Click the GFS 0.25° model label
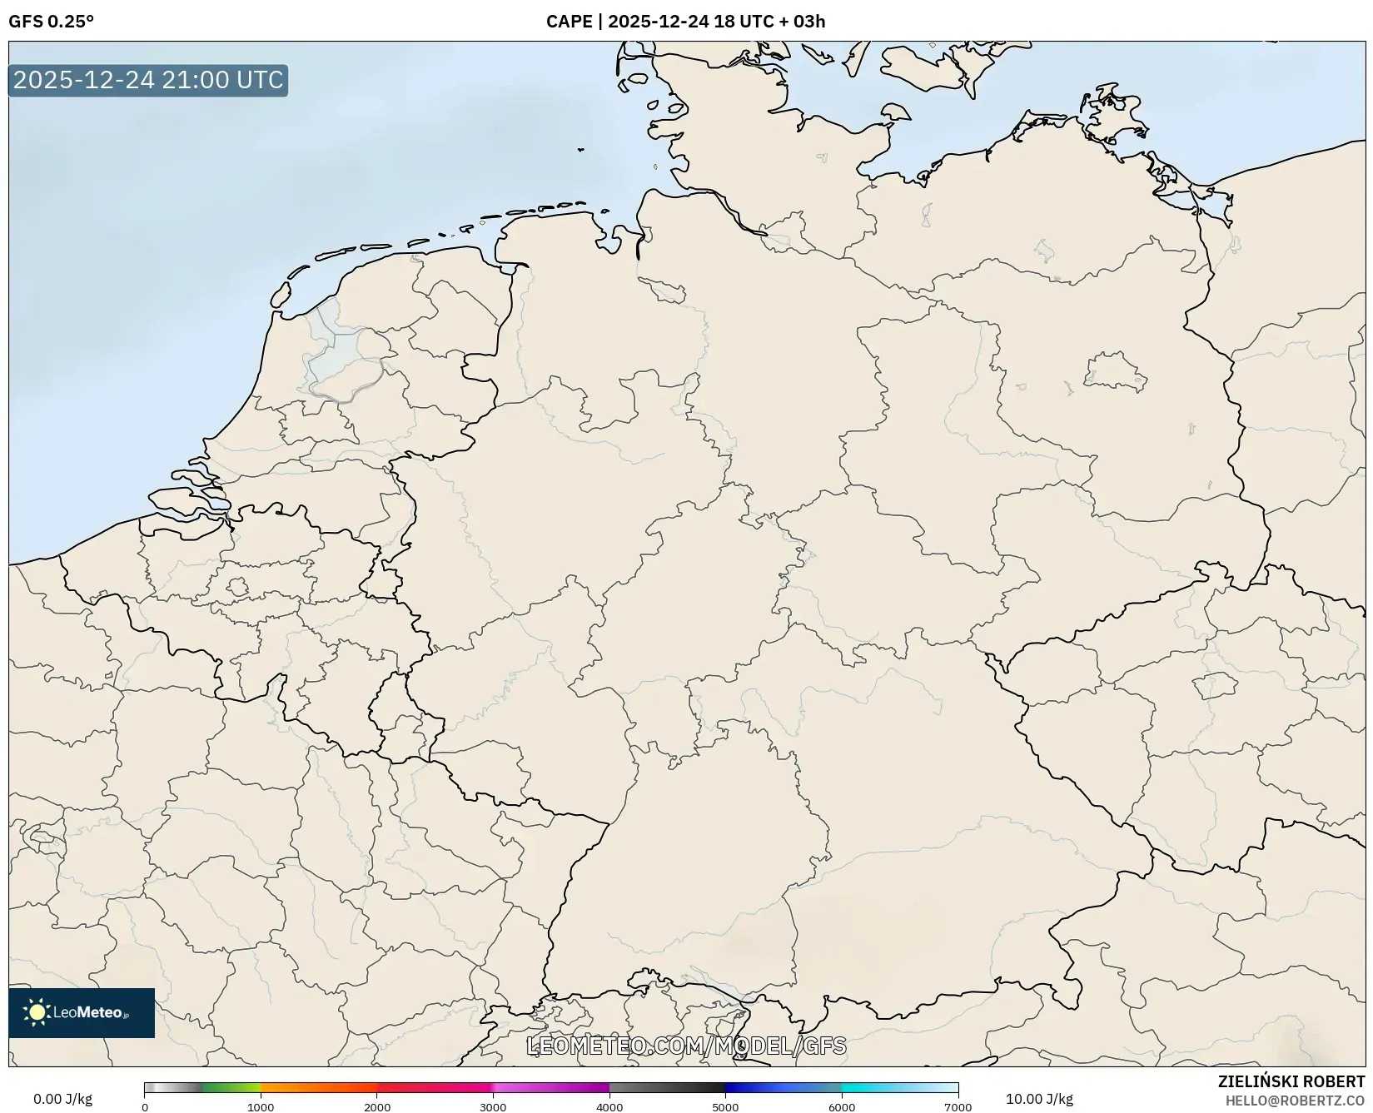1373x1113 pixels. [x=51, y=22]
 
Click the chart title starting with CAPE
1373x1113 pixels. [x=685, y=22]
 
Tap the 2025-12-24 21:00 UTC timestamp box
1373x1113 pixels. [x=148, y=80]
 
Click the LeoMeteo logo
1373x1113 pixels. [x=82, y=1012]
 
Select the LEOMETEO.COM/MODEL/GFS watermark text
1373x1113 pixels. [x=686, y=1046]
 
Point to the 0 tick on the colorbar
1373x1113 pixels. [x=145, y=1106]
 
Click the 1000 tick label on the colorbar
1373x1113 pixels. [x=261, y=1106]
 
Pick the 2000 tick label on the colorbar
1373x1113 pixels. [x=377, y=1106]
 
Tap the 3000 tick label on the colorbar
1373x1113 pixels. [x=493, y=1106]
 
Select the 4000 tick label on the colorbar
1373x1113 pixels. [x=609, y=1106]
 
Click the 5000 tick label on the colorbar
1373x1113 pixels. [x=725, y=1106]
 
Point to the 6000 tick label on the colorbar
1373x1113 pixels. [x=842, y=1106]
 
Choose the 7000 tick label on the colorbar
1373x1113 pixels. [x=958, y=1106]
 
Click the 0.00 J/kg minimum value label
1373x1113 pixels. [x=62, y=1099]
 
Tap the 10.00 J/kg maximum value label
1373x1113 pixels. [x=1039, y=1099]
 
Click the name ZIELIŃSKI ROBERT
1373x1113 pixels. [x=1291, y=1082]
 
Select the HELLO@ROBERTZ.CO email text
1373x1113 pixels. [x=1295, y=1101]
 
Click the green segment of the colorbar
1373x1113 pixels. [x=231, y=1087]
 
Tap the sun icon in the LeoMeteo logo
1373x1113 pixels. [x=37, y=1012]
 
